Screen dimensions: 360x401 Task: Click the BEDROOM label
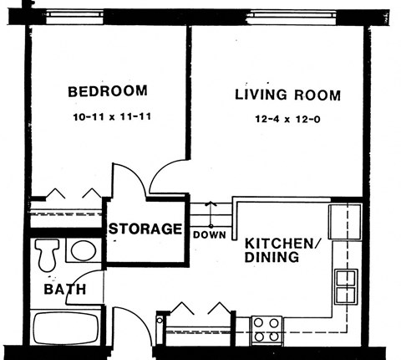pos(107,91)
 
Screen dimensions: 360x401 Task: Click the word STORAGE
pos(145,229)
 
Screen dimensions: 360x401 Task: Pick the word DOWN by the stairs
pos(209,235)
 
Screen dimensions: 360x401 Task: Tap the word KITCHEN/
pos(281,243)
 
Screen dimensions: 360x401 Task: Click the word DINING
pos(272,258)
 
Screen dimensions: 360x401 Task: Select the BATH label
pos(60,291)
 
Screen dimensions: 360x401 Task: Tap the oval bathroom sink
pos(82,250)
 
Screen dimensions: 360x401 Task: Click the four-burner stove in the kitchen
pos(266,328)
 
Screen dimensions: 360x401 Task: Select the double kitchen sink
pos(346,286)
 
